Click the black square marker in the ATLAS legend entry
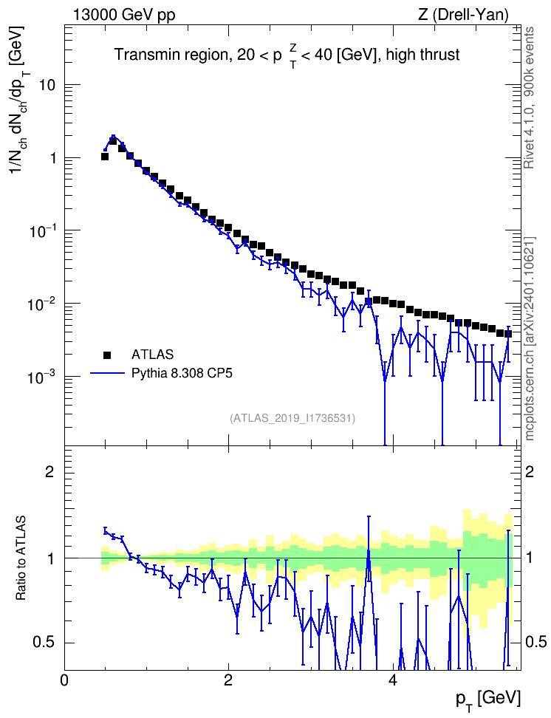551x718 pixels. [x=107, y=355]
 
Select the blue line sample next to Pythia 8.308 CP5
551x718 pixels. [x=107, y=374]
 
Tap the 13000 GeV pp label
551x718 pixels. [x=123, y=15]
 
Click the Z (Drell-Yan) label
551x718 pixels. [x=463, y=15]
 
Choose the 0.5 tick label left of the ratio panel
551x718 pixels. [x=43, y=643]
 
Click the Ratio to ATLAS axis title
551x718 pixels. [x=21, y=558]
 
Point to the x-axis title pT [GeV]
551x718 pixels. [x=488, y=700]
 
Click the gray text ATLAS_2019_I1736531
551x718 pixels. [x=292, y=418]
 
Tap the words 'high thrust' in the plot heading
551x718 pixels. [x=422, y=55]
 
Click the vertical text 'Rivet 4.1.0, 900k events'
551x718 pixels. [x=530, y=98]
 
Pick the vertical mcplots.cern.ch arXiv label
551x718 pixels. [x=530, y=338]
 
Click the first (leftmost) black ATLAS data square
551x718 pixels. [x=105, y=157]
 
